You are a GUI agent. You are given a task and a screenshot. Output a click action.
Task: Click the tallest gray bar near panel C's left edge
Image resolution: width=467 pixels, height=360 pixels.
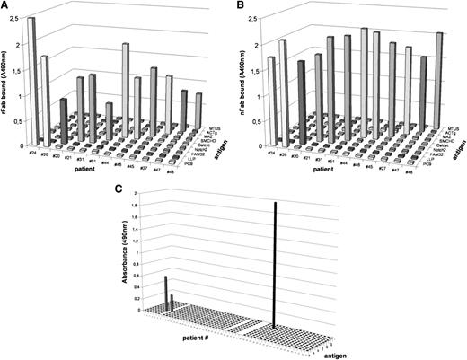[x=165, y=292]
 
